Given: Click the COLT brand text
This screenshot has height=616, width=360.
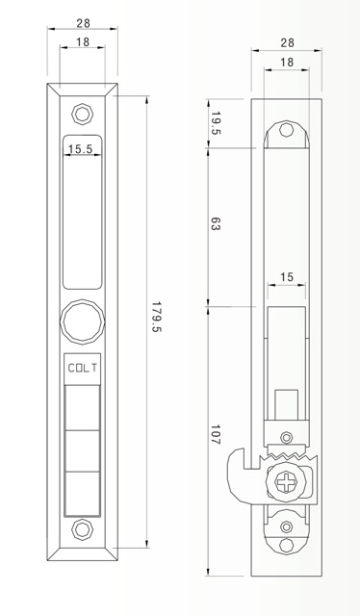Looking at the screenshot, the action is click(82, 368).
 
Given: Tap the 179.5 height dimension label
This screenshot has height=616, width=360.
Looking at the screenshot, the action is click(157, 317).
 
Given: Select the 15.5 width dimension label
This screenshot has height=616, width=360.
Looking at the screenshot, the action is click(80, 149).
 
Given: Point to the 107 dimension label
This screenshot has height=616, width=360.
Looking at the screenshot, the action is click(215, 434).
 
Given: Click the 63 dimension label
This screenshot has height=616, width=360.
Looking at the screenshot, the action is click(215, 224).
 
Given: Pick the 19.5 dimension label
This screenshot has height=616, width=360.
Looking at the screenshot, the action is click(216, 123).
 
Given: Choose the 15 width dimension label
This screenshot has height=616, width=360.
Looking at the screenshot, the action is click(287, 277).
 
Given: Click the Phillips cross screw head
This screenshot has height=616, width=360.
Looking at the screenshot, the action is click(286, 481).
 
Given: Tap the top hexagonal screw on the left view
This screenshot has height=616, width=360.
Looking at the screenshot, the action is click(82, 114).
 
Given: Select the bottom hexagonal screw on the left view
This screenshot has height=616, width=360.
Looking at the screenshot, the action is click(82, 529).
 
